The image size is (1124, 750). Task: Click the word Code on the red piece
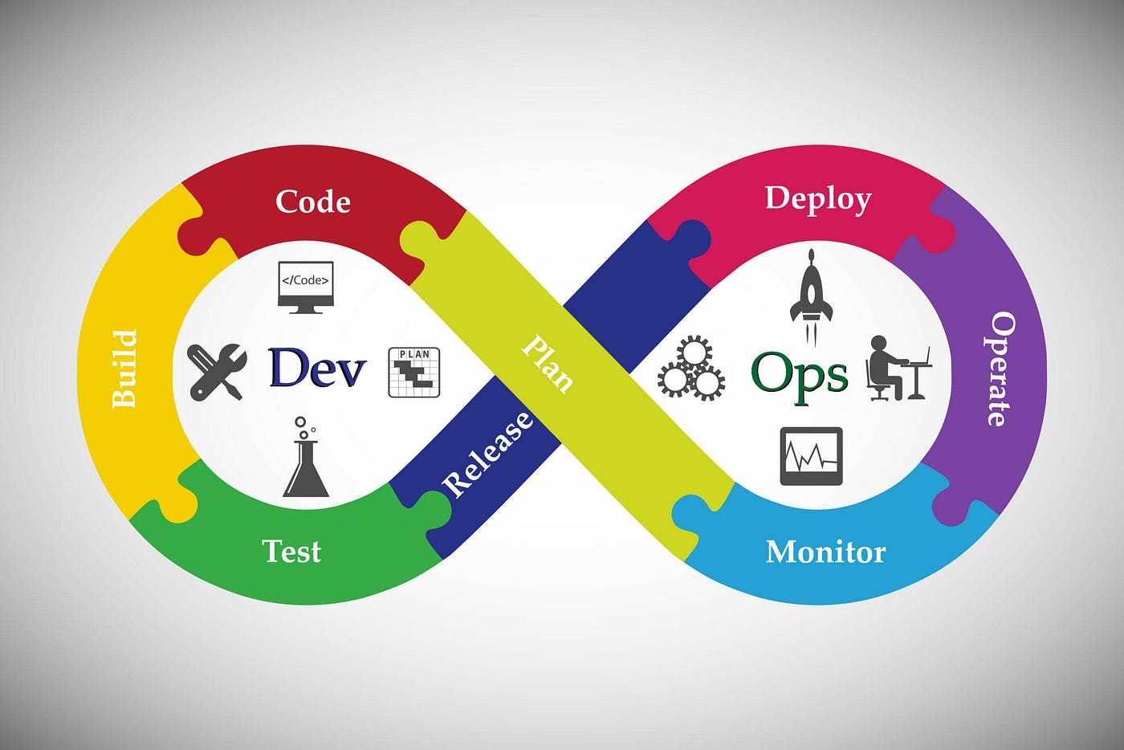[312, 202]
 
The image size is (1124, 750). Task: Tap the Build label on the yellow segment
[124, 369]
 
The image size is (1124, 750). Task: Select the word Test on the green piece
[291, 552]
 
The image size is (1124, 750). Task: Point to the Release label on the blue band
[488, 454]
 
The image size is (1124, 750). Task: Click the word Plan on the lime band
[548, 364]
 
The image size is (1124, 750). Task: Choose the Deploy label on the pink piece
[817, 198]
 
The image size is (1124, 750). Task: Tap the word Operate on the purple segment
[1000, 369]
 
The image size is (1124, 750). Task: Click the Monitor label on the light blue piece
[825, 552]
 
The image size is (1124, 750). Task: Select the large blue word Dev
[317, 369]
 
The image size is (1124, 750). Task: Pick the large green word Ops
[799, 374]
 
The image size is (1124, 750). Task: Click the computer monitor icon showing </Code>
[305, 286]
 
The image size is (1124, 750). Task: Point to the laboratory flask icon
[306, 466]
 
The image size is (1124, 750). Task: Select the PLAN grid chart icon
[414, 372]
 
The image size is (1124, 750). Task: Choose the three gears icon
[691, 370]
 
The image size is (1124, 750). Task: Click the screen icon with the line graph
[811, 456]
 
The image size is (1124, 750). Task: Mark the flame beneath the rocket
[811, 331]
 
